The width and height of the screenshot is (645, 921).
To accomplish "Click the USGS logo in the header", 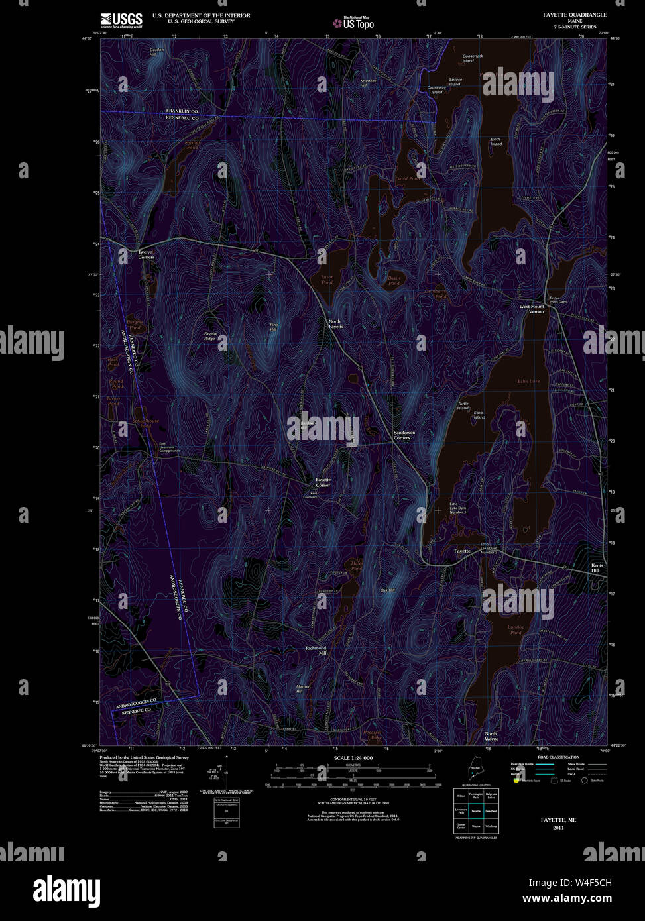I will (x=121, y=19).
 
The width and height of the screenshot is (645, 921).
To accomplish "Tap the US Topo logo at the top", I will (x=353, y=23).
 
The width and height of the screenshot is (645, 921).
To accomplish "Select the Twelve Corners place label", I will (x=145, y=254).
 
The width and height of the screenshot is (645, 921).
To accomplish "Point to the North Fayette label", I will (x=336, y=324).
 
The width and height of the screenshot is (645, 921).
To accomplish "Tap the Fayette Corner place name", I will (x=323, y=482).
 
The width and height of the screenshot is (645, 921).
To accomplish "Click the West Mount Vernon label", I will (x=532, y=309).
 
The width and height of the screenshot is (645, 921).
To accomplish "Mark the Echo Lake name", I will (x=529, y=382).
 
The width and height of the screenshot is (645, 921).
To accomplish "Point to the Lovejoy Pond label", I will (x=516, y=629).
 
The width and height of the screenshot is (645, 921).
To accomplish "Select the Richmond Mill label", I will (x=316, y=650).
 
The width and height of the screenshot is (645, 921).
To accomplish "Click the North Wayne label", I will (x=491, y=736).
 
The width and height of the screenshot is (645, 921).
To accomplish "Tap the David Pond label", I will (x=408, y=179).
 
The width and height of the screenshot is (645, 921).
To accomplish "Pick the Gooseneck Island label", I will (x=473, y=58).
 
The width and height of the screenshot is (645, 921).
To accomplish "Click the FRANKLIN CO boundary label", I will (x=182, y=111).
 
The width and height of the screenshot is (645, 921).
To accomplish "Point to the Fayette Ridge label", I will (x=210, y=336).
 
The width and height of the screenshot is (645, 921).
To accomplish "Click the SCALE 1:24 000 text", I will (x=353, y=757).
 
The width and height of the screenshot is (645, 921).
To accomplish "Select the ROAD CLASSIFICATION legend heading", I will (x=558, y=757).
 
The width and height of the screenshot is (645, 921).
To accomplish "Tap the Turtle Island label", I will (x=463, y=406).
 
